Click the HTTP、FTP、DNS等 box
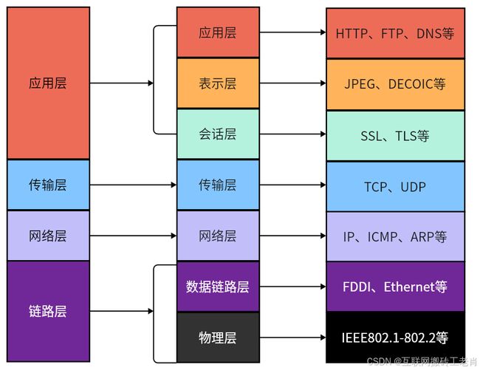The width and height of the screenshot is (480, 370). (395, 33)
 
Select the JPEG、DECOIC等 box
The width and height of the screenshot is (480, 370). (395, 84)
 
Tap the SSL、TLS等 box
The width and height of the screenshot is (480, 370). (395, 135)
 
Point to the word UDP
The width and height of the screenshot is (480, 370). (413, 187)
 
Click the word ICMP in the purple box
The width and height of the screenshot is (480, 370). (383, 237)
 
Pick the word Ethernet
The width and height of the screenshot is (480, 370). (409, 287)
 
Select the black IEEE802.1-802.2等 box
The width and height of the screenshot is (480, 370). (395, 338)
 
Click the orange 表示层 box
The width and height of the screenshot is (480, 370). (218, 83)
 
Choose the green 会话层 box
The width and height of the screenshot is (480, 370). (218, 134)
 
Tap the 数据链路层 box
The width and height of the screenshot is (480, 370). (218, 287)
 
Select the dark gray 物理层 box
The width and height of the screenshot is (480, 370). (218, 338)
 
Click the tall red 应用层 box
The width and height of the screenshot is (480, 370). (48, 83)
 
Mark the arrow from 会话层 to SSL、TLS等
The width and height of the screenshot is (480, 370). (292, 134)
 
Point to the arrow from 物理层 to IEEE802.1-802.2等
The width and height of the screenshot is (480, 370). (292, 338)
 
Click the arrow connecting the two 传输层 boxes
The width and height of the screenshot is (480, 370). (133, 185)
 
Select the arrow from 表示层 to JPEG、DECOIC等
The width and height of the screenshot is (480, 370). (292, 83)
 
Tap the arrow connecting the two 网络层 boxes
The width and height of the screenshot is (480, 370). (133, 236)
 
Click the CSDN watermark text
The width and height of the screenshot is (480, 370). (422, 362)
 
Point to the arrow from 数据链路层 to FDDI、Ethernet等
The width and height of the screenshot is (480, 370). (292, 287)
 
